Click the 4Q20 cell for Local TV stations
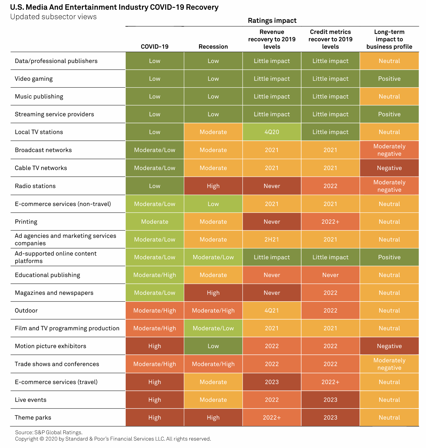[272, 132]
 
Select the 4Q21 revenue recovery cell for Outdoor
[272, 310]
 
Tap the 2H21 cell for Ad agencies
[272, 239]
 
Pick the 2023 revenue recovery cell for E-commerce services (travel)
[272, 382]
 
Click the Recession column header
[213, 47]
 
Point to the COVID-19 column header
[155, 47]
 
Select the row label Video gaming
[34, 79]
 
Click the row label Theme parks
[33, 417]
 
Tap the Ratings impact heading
[272, 21]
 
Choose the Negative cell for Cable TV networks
[389, 168]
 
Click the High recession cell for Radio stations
[213, 186]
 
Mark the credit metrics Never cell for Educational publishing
[330, 275]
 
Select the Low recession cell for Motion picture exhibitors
[213, 346]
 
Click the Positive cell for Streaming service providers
[389, 114]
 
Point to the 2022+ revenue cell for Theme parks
[272, 417]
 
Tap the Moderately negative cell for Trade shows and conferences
[389, 364]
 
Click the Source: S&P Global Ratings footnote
[49, 432]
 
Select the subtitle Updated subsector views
[54, 17]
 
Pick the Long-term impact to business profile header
[389, 39]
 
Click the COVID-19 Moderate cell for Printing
[155, 222]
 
